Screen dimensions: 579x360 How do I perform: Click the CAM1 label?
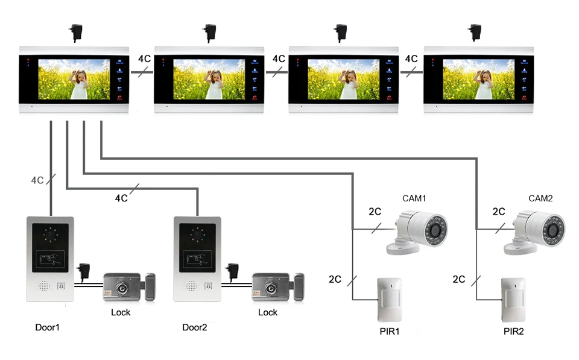(414, 198)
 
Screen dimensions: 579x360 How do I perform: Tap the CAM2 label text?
(540, 198)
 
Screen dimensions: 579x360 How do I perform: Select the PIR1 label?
(390, 331)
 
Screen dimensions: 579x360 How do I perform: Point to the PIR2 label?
(514, 331)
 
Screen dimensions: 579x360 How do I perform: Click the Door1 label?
(47, 327)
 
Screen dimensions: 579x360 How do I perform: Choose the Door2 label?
(195, 327)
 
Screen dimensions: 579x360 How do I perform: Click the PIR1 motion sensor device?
(390, 300)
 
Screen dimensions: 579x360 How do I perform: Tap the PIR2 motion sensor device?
(513, 300)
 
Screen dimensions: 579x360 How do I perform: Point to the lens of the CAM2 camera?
(553, 230)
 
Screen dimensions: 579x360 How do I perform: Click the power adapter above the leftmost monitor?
(76, 33)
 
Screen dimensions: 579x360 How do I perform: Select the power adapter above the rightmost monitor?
(475, 33)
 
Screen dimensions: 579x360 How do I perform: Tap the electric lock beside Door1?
(129, 287)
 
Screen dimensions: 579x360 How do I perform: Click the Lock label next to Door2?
(268, 312)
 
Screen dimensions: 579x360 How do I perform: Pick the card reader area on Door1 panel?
(50, 259)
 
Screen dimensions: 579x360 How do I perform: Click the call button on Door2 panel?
(208, 286)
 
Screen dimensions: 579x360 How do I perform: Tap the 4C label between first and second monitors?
(144, 58)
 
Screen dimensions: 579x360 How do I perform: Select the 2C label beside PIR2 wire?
(459, 279)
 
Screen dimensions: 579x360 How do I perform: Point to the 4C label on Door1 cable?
(37, 180)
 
